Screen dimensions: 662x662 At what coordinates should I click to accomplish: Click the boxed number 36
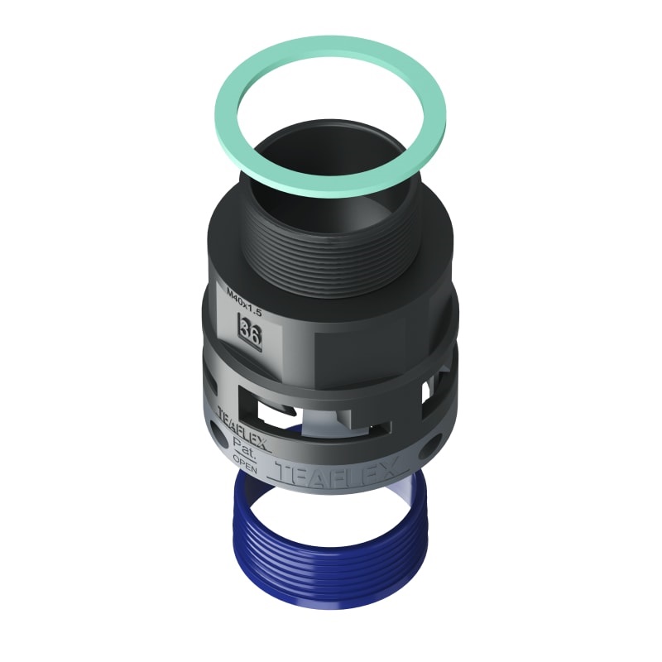[x=249, y=325]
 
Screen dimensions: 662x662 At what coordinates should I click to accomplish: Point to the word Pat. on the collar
[x=243, y=444]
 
